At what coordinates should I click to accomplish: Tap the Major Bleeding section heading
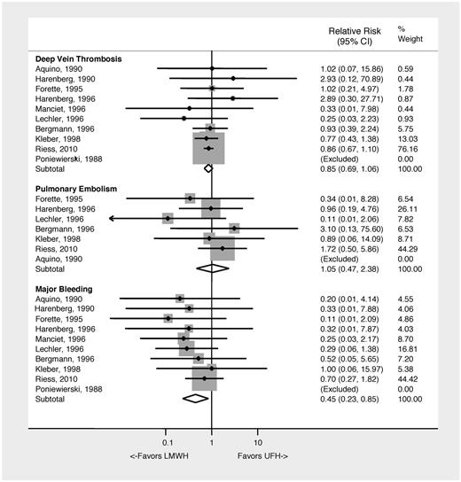click(62, 289)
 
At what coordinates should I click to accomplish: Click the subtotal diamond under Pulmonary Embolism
click(213, 268)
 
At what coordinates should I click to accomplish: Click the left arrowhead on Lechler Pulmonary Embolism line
click(113, 218)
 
